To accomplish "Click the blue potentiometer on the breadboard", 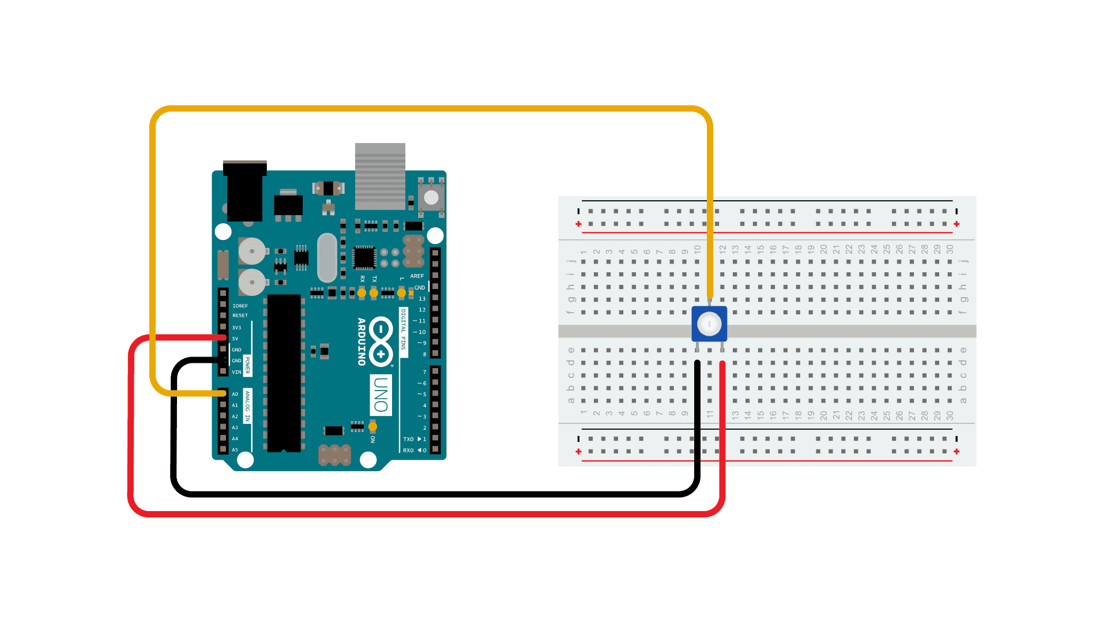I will coord(709,324).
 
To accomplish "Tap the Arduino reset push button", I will coord(431,197).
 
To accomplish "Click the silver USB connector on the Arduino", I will coord(380,176).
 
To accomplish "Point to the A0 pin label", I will coord(235,394).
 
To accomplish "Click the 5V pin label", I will coord(235,339).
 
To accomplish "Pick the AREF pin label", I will coord(417,276).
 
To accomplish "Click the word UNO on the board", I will coord(381,395).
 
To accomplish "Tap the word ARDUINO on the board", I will coord(362,341).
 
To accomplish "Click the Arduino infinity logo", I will coord(381,341).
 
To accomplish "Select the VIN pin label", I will coord(236,372).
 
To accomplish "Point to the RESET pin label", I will coord(240,316).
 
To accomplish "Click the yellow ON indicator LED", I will coord(372,427).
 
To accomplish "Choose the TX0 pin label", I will coord(408,439).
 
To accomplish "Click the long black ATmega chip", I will coord(284,373).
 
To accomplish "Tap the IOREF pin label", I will coord(240,306).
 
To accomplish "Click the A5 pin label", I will coord(235,450).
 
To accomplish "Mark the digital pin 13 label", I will coord(422,299).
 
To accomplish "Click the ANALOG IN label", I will coord(247,406).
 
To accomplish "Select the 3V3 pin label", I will coord(236,328).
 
